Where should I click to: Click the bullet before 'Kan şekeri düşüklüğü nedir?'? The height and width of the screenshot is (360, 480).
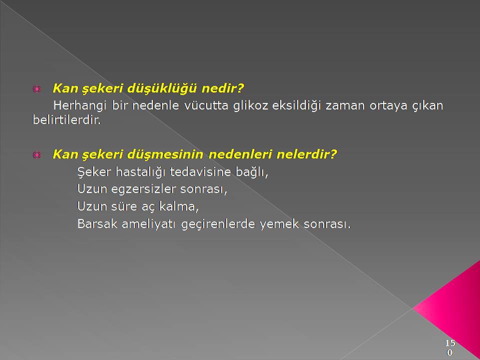tap(36, 89)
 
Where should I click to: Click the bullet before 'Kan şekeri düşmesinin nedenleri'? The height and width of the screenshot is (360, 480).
tap(36, 155)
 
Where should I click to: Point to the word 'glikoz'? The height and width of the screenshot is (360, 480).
tap(250, 106)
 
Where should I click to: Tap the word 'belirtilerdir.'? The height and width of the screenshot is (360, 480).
tap(66, 119)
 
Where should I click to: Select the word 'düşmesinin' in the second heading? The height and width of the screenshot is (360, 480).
tap(165, 154)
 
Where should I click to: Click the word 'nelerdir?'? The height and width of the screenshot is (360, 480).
tap(306, 154)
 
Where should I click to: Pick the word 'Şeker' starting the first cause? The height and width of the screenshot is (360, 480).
tap(94, 171)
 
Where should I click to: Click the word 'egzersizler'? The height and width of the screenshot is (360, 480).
tap(143, 189)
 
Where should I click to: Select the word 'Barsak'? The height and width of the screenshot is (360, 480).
tap(97, 224)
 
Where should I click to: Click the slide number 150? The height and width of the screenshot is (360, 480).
tap(449, 347)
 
